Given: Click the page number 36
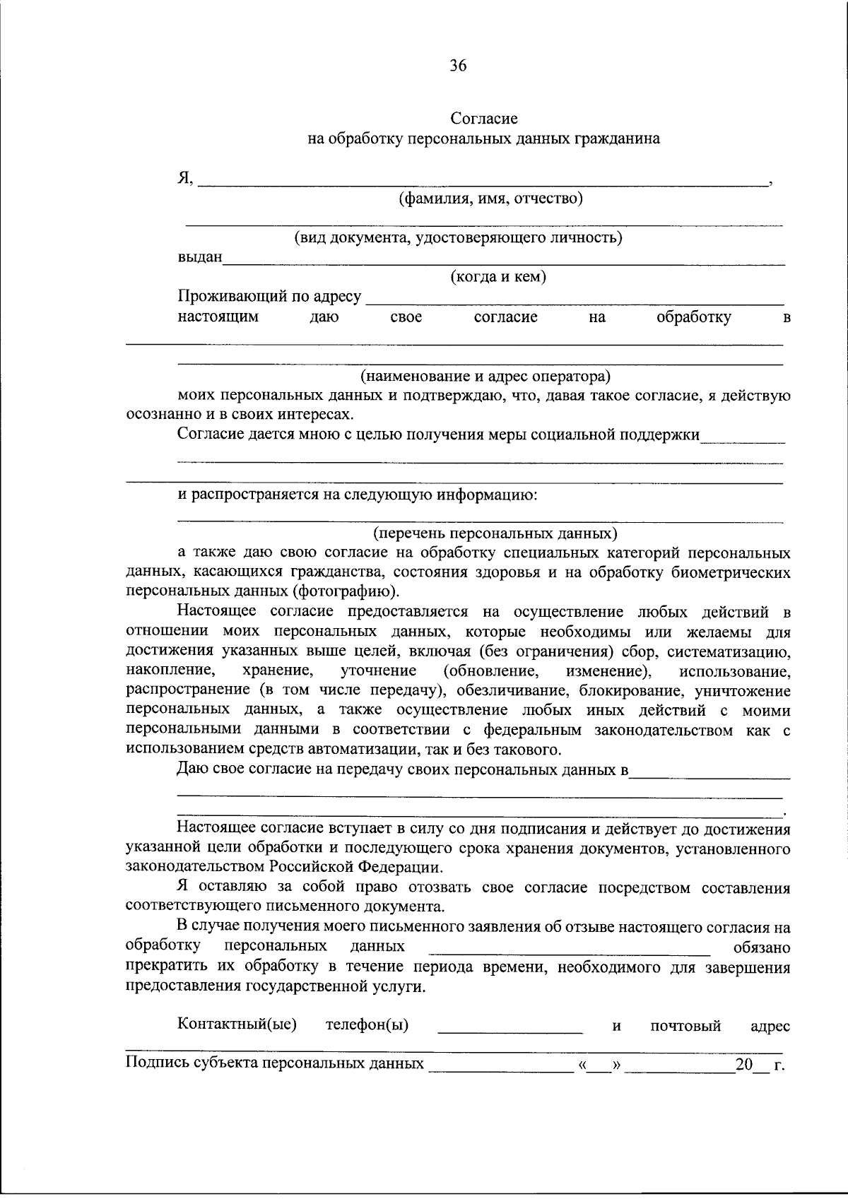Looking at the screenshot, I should pyautogui.click(x=457, y=66).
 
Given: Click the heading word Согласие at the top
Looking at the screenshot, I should pyautogui.click(x=484, y=119).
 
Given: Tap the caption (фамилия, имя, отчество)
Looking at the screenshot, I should pyautogui.click(x=490, y=199).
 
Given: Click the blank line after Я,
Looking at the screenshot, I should pyautogui.click(x=483, y=182).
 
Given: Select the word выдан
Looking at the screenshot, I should pyautogui.click(x=199, y=257).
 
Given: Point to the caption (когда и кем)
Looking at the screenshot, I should pyautogui.click(x=498, y=277).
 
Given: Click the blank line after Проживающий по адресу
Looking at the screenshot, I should pyautogui.click(x=573, y=300).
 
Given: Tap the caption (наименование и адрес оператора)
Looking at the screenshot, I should pyautogui.click(x=485, y=375).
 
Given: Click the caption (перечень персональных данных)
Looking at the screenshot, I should pyautogui.click(x=495, y=533).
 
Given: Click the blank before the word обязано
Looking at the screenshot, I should pyautogui.click(x=570, y=951).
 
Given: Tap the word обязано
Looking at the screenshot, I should pyautogui.click(x=762, y=947).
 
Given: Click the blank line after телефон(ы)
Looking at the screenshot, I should pyautogui.click(x=510, y=1030).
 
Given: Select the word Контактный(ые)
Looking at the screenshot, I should pyautogui.click(x=237, y=1024).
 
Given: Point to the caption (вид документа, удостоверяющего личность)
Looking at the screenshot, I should pyautogui.click(x=458, y=238).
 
